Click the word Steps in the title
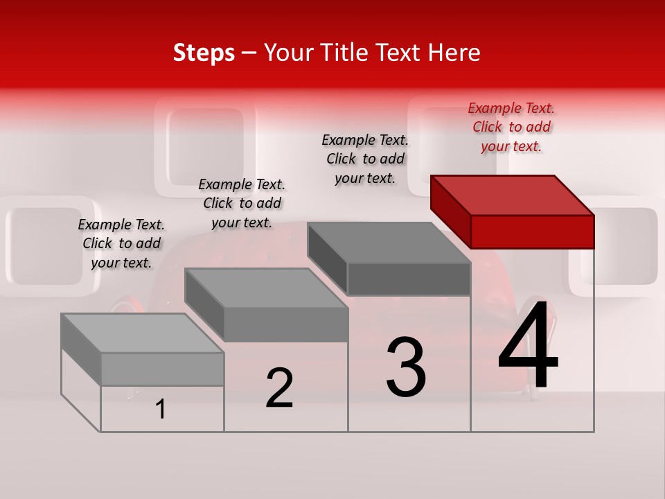pyautogui.click(x=204, y=53)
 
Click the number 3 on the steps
pyautogui.click(x=406, y=367)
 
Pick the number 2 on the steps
pyautogui.click(x=279, y=388)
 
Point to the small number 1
pyautogui.click(x=161, y=409)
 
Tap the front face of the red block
pyautogui.click(x=532, y=231)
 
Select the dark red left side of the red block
pyautogui.click(x=450, y=208)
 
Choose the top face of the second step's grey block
pyautogui.click(x=266, y=288)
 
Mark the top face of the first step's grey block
pyautogui.click(x=143, y=333)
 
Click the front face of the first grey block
pyautogui.click(x=162, y=369)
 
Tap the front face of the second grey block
pyautogui.click(x=285, y=324)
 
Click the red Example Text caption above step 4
pyautogui.click(x=511, y=127)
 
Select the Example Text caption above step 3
pyautogui.click(x=365, y=159)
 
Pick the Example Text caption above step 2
pyautogui.click(x=242, y=203)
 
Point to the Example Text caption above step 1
pyautogui.click(x=121, y=243)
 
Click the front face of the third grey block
pyautogui.click(x=409, y=279)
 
